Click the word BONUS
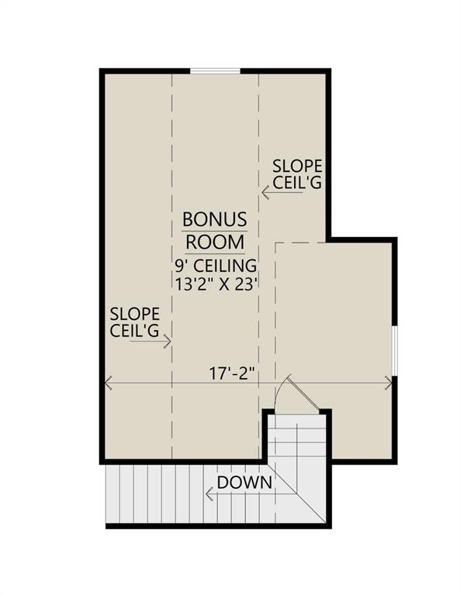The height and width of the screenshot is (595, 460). tap(214, 219)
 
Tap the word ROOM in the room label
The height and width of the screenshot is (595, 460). tap(214, 241)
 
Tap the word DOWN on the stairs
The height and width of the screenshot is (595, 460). tap(244, 483)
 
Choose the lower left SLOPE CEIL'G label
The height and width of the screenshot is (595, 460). tap(135, 323)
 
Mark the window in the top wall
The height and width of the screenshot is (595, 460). tap(215, 71)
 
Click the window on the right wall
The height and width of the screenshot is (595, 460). tap(395, 350)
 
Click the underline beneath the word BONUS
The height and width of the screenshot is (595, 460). tap(214, 231)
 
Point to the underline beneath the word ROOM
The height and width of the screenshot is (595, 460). tap(214, 253)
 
